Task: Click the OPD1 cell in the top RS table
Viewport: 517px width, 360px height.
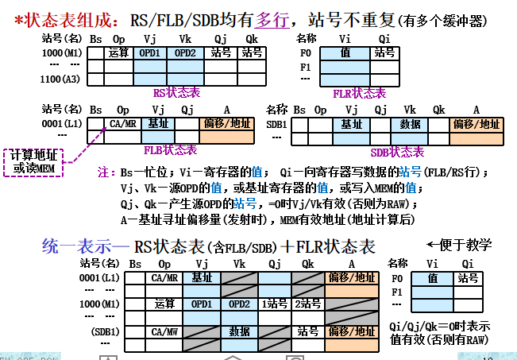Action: coord(149,53)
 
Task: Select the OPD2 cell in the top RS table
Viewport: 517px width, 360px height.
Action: coord(185,53)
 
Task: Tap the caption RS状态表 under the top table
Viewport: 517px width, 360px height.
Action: coord(176,93)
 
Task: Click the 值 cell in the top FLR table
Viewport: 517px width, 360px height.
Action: coord(345,53)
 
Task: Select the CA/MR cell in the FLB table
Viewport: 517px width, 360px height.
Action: coord(123,124)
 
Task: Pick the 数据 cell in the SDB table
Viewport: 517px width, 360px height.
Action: coord(411,124)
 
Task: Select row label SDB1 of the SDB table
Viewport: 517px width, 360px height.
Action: coord(276,124)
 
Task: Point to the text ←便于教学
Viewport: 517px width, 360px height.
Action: coord(460,244)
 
